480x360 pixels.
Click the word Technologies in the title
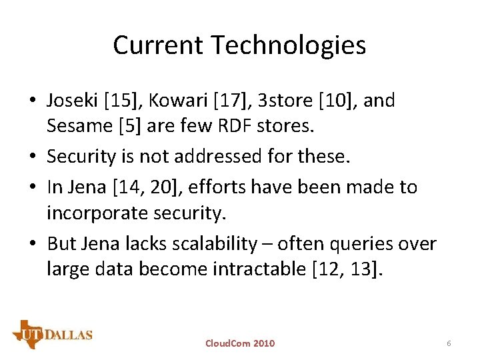pos(289,45)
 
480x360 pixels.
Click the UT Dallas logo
pos(52,334)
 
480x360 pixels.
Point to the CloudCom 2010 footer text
pos(239,343)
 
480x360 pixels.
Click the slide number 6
pos(449,343)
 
